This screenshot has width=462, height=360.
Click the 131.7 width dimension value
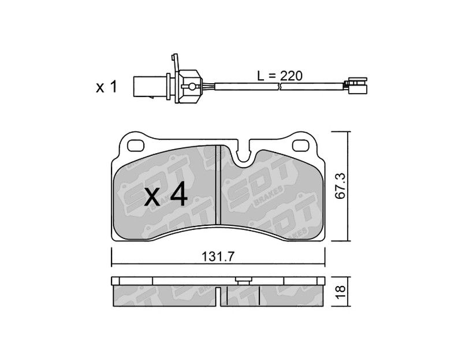click(x=218, y=257)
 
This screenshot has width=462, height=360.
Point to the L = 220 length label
click(x=280, y=76)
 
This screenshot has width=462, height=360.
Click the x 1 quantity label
click(x=106, y=87)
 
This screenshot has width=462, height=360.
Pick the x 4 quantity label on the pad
click(x=166, y=194)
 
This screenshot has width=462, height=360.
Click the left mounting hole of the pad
click(x=136, y=145)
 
